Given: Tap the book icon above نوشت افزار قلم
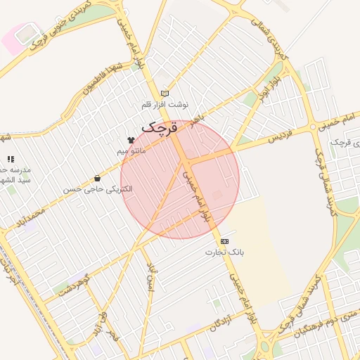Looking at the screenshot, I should pos(165,93).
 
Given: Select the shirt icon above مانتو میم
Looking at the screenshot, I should pos(131,140).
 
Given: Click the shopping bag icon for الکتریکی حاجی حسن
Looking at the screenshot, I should pos(97,179).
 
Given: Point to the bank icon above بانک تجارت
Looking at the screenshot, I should pos(224,241).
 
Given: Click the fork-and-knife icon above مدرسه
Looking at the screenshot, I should pos(10,160).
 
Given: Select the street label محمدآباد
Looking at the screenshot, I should pos(32,217).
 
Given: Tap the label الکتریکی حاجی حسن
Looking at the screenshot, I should pos(97,189).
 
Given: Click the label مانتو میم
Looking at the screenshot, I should pos(131,150).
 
